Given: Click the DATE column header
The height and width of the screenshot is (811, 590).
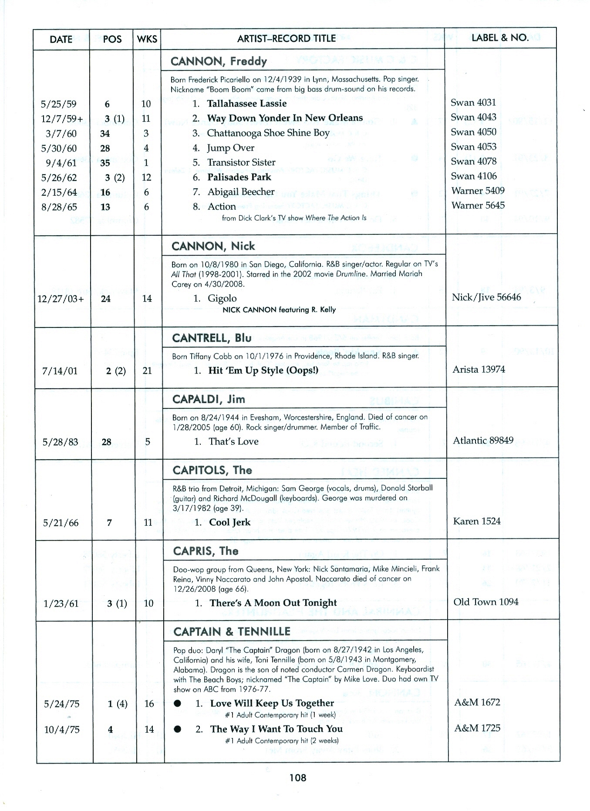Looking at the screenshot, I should click(x=61, y=39).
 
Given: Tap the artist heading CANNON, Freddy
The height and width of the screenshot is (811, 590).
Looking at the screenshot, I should click(x=219, y=61).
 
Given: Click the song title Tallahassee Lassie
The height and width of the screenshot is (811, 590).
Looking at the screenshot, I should click(x=246, y=103).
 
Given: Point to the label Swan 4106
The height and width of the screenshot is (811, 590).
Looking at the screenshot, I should click(x=473, y=176).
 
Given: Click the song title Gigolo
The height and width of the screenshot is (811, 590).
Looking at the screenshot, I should click(x=222, y=298).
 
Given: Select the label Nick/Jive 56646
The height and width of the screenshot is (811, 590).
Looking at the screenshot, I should click(x=486, y=297).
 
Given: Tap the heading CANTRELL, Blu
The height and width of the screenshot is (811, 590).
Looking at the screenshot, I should click(x=212, y=338).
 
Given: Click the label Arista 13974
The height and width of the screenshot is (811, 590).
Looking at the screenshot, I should click(x=479, y=370).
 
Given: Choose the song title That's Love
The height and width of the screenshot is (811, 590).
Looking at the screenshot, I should click(x=233, y=441).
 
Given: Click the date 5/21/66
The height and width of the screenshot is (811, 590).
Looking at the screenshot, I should click(x=61, y=523).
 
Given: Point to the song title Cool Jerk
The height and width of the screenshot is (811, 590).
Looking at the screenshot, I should click(x=229, y=522).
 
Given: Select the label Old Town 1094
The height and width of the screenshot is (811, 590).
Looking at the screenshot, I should click(x=485, y=602).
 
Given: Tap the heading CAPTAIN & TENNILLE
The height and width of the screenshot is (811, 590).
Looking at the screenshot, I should click(x=232, y=631).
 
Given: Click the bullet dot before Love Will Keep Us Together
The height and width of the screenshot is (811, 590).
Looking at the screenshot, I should click(x=177, y=704).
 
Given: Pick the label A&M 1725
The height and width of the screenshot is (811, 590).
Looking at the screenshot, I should click(x=477, y=728).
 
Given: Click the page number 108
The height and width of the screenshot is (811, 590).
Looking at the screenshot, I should click(x=298, y=777).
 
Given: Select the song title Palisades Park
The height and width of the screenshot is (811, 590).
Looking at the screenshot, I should click(x=239, y=177).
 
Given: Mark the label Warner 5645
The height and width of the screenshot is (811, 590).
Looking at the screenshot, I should click(x=478, y=205).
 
